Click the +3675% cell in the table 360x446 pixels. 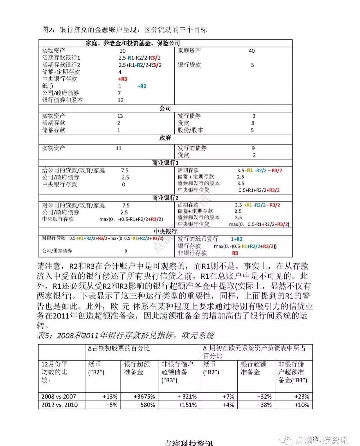[x=144, y=397]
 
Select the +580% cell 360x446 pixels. [x=146, y=405]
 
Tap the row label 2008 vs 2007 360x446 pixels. [x=59, y=397]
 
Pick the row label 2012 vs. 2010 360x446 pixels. [x=59, y=405]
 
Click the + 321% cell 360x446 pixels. [x=182, y=397]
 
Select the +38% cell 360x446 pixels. [x=264, y=405]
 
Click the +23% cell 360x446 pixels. [x=302, y=397]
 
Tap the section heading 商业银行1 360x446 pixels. [x=165, y=163]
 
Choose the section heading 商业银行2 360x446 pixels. [x=165, y=198]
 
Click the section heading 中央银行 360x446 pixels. [x=165, y=232]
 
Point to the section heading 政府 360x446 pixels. [x=165, y=138]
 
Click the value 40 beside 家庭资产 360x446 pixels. [x=252, y=51]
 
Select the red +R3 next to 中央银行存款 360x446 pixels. [x=123, y=79]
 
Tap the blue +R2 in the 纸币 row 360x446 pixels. [x=142, y=86]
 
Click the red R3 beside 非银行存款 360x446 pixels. [x=235, y=253]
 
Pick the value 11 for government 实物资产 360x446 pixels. [x=119, y=148]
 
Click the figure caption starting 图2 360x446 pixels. [x=124, y=30]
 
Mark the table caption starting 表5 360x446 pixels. [x=125, y=335]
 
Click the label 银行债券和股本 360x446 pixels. [x=63, y=100]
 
